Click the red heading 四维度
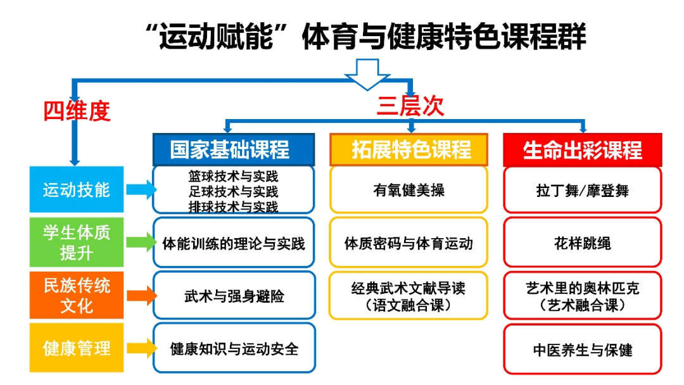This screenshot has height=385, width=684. pyautogui.click(x=77, y=111)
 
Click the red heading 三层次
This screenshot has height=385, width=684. pyautogui.click(x=410, y=105)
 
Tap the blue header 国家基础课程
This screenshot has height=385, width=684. pyautogui.click(x=233, y=149)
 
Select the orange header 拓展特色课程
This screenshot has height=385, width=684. pyautogui.click(x=408, y=149)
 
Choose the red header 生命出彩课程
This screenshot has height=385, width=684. pyautogui.click(x=582, y=149)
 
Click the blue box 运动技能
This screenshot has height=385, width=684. pyautogui.click(x=77, y=189)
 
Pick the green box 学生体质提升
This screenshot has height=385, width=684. pyautogui.click(x=77, y=242)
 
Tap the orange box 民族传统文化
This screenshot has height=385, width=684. pyautogui.click(x=77, y=295)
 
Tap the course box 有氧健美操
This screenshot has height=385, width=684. pyautogui.click(x=408, y=189)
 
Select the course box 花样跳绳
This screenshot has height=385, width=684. pyautogui.click(x=582, y=243)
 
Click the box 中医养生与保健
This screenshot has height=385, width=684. pyautogui.click(x=582, y=349)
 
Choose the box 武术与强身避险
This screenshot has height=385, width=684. pyautogui.click(x=234, y=296)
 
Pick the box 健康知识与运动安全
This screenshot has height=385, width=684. pyautogui.click(x=234, y=348)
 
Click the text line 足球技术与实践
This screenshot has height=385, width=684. pyautogui.click(x=234, y=191)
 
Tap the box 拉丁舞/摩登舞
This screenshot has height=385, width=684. pyautogui.click(x=582, y=189)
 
